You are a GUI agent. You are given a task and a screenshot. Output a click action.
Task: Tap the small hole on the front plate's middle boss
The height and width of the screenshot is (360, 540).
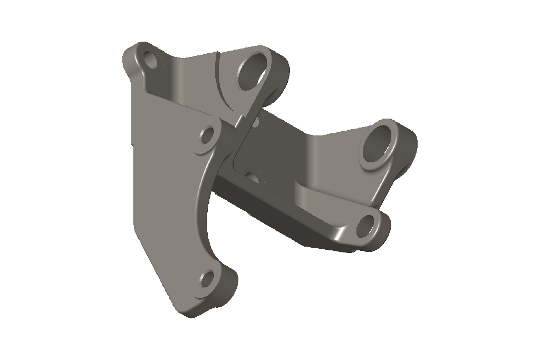(x=207, y=136)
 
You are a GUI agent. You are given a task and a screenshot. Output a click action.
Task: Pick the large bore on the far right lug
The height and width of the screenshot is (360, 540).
(x=379, y=142)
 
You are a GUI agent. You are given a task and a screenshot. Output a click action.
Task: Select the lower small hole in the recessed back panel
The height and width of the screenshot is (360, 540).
(x=253, y=177)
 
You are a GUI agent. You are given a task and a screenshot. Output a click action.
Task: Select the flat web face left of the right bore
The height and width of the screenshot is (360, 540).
(x=332, y=158)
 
